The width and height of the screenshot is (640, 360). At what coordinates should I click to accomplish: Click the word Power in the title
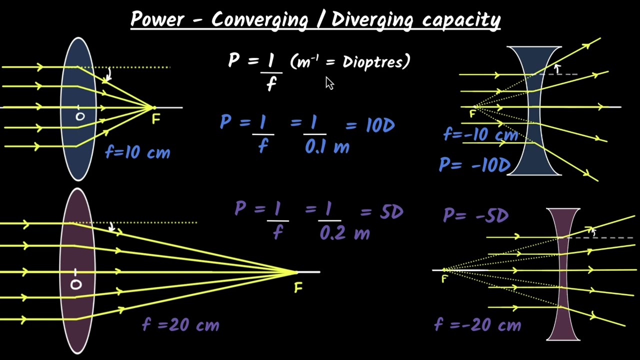coord(157,19)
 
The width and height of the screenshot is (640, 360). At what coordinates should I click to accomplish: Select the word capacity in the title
coord(461,20)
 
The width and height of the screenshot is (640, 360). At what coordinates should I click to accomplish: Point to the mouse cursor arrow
coord(329,83)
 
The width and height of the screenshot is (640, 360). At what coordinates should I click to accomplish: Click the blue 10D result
coord(380,125)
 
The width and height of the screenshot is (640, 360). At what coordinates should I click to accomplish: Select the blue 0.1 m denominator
coord(327,147)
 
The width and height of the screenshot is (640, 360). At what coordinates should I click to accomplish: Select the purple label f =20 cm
coord(180,325)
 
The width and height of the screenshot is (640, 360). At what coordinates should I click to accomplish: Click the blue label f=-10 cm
coord(481,134)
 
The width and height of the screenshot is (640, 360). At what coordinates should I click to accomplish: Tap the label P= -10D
coord(474,165)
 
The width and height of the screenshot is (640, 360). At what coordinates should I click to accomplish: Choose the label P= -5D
coord(475,215)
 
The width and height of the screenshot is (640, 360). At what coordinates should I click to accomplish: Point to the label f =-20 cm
coord(477,325)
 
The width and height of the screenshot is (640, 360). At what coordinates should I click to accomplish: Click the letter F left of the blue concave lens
coord(472,114)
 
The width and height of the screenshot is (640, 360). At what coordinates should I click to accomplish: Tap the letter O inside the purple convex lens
coord(76,284)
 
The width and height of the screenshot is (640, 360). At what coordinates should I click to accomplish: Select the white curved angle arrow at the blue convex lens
coord(109,74)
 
